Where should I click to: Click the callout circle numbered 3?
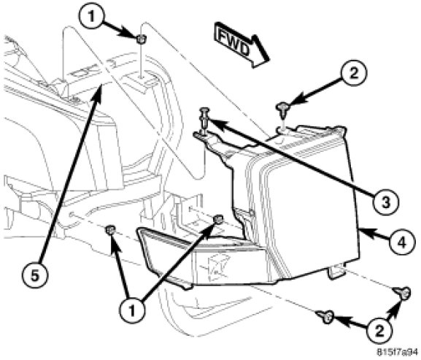[x=385, y=202]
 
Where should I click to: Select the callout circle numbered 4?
[x=402, y=243]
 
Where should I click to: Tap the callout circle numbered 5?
[x=35, y=275]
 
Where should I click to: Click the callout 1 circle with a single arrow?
[x=92, y=17]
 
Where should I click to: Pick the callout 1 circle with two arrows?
[x=132, y=311]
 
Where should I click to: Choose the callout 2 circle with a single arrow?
[x=354, y=72]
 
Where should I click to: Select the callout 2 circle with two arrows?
[x=379, y=331]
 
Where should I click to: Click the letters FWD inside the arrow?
[x=233, y=43]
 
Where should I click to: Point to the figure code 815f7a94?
[x=398, y=352]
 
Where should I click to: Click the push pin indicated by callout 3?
[x=204, y=120]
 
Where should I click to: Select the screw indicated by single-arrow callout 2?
[x=282, y=108]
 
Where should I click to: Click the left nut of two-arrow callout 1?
[x=110, y=230]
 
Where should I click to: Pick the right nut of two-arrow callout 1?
[x=219, y=220]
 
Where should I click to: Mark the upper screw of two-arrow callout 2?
[x=403, y=292]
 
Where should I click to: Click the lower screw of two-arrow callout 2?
[x=325, y=316]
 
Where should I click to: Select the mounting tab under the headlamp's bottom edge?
[x=336, y=272]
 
